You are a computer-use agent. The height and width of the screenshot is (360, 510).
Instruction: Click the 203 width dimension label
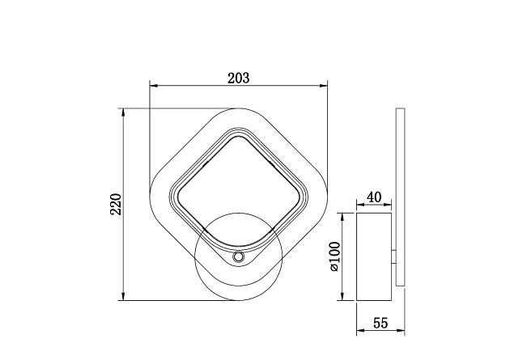[x=239, y=78]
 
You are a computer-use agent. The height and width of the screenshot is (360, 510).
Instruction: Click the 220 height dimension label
[x=116, y=205]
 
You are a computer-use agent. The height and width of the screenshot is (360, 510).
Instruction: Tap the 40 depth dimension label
[x=374, y=197]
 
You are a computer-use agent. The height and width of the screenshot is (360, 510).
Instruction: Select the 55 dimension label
[x=380, y=324]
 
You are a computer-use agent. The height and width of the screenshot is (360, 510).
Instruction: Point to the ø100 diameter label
[x=334, y=256]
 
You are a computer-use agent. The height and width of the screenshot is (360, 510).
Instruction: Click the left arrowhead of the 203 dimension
[x=154, y=86]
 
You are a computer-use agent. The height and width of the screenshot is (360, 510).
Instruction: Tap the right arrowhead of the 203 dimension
[x=323, y=86]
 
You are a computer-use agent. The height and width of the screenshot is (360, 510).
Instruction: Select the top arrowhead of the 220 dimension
[x=123, y=112]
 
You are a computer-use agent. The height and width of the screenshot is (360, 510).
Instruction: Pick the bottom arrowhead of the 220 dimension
[x=123, y=296]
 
